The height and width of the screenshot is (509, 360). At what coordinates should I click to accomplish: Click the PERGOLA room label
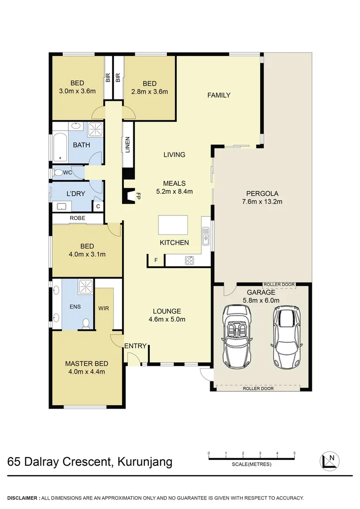[x=262, y=193]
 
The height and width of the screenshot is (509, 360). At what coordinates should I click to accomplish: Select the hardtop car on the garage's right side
[x=286, y=337]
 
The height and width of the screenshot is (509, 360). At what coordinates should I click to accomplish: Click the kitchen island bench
[x=173, y=225]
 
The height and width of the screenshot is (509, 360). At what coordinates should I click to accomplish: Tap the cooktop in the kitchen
[x=190, y=260]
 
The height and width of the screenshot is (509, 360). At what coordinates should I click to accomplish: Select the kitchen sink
[x=206, y=237]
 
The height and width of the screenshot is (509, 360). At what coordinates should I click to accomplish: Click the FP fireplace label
[x=139, y=196]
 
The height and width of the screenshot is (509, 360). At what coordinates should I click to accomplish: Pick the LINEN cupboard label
[x=128, y=145]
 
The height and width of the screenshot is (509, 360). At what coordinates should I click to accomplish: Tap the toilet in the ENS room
[x=86, y=323]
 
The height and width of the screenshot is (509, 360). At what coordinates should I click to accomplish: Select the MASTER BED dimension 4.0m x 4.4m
[x=87, y=371]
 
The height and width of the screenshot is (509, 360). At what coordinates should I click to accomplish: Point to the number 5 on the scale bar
[x=295, y=453]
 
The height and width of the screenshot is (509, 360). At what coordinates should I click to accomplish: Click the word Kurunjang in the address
[x=143, y=461]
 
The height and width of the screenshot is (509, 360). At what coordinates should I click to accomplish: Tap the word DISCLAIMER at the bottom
[x=23, y=498]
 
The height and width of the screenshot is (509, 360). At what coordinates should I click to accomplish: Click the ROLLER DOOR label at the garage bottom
[x=258, y=389]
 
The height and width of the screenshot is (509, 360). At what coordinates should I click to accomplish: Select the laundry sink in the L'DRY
[x=61, y=206]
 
